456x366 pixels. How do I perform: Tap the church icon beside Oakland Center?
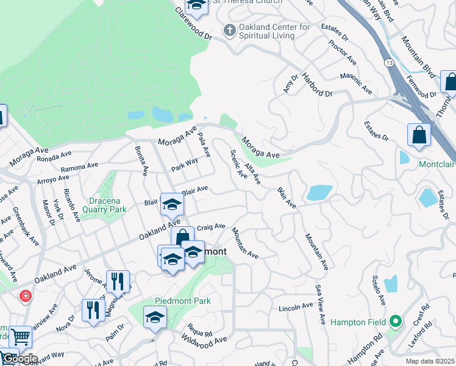[x=229, y=29]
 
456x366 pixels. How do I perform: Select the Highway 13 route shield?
[x=388, y=63]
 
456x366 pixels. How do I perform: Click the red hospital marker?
[x=25, y=296]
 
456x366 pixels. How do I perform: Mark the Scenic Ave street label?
[x=238, y=165]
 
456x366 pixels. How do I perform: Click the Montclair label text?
[x=436, y=165]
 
